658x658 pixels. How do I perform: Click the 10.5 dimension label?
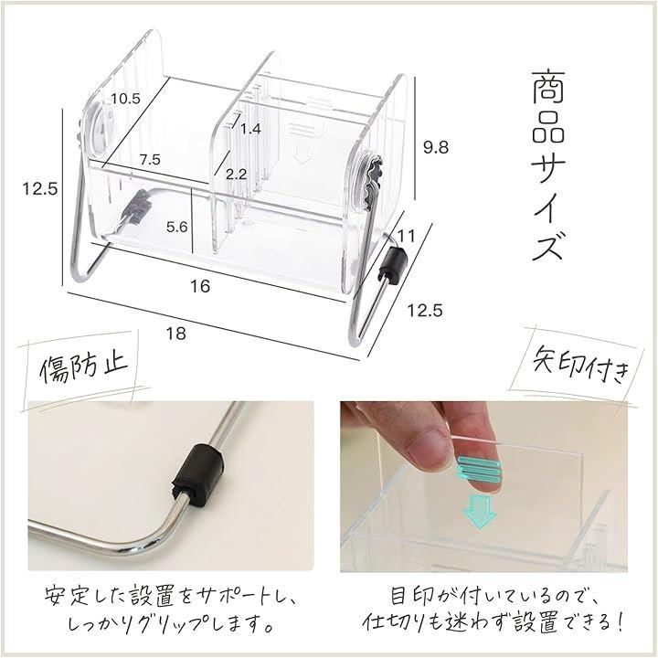125,99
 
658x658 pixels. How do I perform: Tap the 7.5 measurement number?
150,159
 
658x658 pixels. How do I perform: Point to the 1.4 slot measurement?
250,129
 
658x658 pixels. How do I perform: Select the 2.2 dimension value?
236,175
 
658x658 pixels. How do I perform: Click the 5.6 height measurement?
176,227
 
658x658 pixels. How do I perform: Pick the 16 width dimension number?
200,286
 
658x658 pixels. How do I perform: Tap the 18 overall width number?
175,334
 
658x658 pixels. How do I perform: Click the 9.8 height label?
436,147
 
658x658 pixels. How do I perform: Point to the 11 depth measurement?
406,237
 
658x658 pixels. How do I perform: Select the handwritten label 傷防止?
84,367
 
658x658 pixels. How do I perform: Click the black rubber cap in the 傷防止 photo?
198,469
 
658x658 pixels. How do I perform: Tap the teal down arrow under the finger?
479,510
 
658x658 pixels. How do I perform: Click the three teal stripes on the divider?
478,469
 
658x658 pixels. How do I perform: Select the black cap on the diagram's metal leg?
393,264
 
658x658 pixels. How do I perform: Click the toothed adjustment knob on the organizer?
370,179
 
